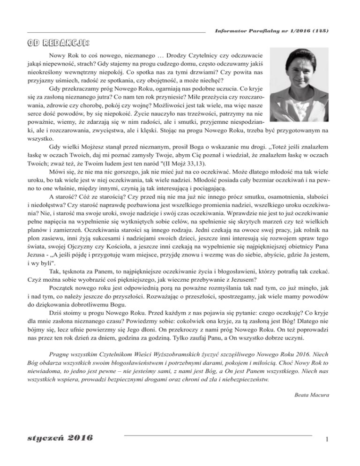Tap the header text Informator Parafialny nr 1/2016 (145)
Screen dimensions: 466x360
[271, 31]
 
